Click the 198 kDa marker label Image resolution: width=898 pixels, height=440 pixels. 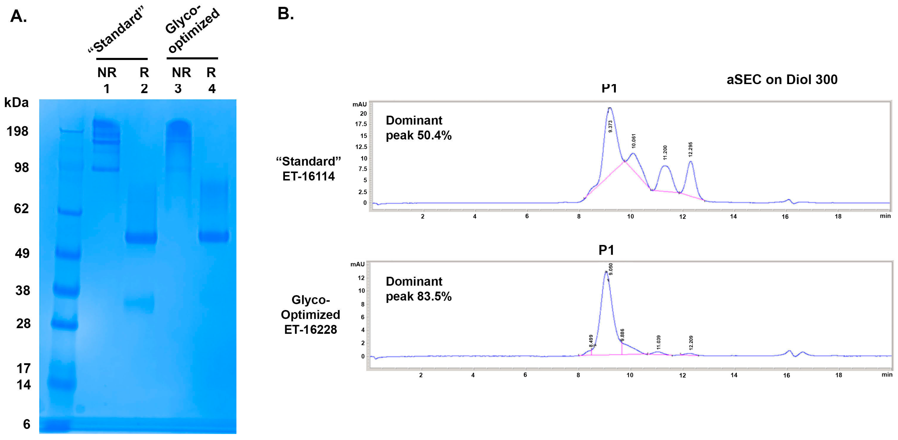point(18,131)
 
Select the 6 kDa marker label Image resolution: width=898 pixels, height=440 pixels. point(27,424)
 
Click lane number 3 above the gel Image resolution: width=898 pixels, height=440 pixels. point(178,89)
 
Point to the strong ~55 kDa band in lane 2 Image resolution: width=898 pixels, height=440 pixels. point(141,238)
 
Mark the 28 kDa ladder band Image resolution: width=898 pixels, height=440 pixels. point(65,324)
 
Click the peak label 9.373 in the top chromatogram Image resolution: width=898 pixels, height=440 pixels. point(610,126)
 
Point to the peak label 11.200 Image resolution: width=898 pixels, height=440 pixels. point(665,152)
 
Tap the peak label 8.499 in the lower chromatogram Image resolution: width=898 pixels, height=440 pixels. point(591,341)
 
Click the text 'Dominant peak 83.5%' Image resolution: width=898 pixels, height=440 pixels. point(418,289)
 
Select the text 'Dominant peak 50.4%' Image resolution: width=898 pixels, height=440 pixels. point(418,128)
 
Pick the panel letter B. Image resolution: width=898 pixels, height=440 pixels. point(285,14)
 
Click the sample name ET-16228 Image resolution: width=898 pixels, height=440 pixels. point(310,330)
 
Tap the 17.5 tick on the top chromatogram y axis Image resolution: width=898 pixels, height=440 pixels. point(361,124)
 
